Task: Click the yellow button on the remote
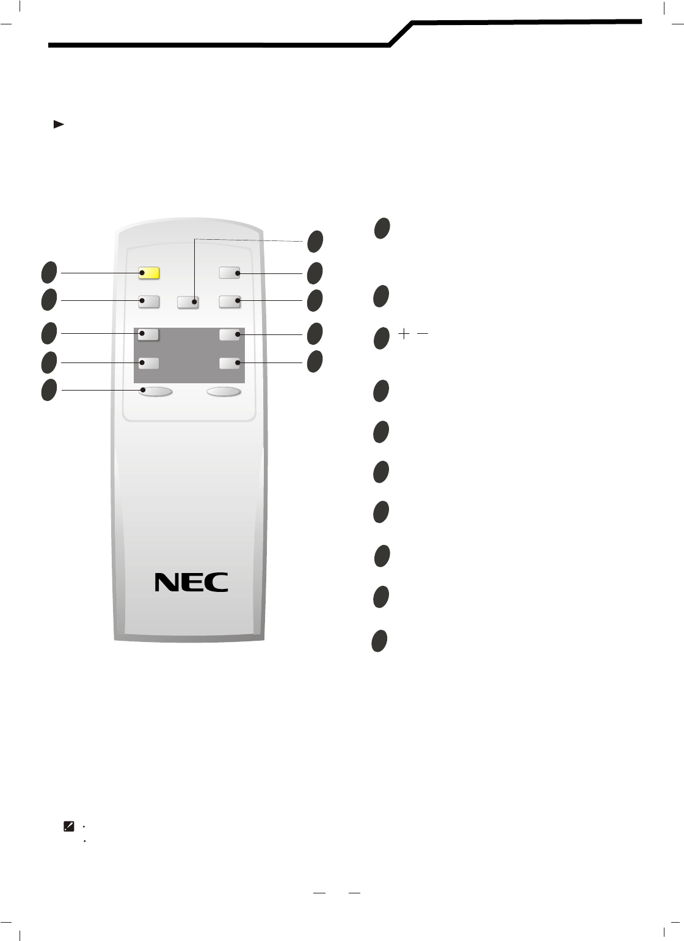[x=149, y=273]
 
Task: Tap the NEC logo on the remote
[x=191, y=582]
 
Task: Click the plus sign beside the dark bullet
[x=404, y=334]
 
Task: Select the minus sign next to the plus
[x=422, y=334]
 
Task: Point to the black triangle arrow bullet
[x=59, y=124]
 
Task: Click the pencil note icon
[x=69, y=826]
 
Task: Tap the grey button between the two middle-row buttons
[x=187, y=301]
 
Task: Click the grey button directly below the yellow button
[x=149, y=301]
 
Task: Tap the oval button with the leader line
[x=155, y=392]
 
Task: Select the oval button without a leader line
[x=224, y=392]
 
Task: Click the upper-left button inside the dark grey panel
[x=148, y=334]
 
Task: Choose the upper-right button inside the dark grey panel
[x=230, y=334]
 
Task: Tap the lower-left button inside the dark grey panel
[x=148, y=363]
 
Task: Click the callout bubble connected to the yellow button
[x=49, y=272]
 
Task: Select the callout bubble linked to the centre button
[x=315, y=241]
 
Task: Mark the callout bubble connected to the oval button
[x=49, y=390]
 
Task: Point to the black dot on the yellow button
[x=142, y=273]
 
